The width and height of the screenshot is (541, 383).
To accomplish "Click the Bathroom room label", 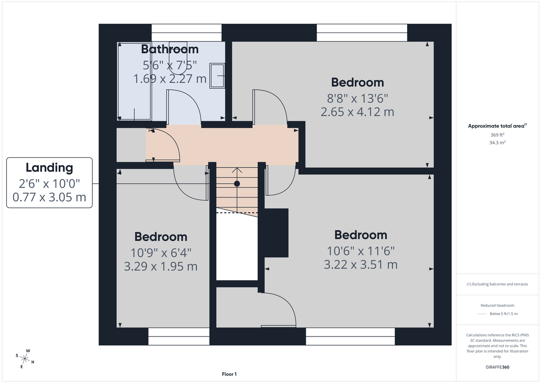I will (x=170, y=49).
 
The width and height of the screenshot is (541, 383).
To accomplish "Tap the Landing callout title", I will (x=49, y=168).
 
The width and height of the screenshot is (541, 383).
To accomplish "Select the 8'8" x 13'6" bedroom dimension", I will (x=358, y=97).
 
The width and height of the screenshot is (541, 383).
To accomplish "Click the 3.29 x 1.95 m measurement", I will (x=160, y=266).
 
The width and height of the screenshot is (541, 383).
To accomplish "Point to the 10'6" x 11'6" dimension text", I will (x=361, y=250).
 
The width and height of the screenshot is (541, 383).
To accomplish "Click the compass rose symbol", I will (x=25, y=359).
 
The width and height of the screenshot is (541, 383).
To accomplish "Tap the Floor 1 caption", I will (x=229, y=374).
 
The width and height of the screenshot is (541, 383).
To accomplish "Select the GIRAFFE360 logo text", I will (x=497, y=367).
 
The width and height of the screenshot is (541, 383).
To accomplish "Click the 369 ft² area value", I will (x=497, y=135).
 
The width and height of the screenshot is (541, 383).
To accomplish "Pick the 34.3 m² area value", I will (x=497, y=143).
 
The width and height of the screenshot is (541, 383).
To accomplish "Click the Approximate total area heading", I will (x=497, y=126).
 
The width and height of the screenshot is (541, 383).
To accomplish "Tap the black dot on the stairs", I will (x=237, y=184).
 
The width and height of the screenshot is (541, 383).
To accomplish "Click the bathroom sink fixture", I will (x=218, y=75).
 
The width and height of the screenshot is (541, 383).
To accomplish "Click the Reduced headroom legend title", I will (x=497, y=305).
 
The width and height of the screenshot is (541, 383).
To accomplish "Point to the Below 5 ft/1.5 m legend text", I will (x=504, y=314).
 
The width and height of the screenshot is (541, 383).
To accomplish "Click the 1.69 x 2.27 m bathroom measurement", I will (x=170, y=79).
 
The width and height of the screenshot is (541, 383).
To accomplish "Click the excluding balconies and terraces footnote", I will (x=497, y=284).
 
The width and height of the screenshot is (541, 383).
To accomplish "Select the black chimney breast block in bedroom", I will (x=276, y=233).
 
